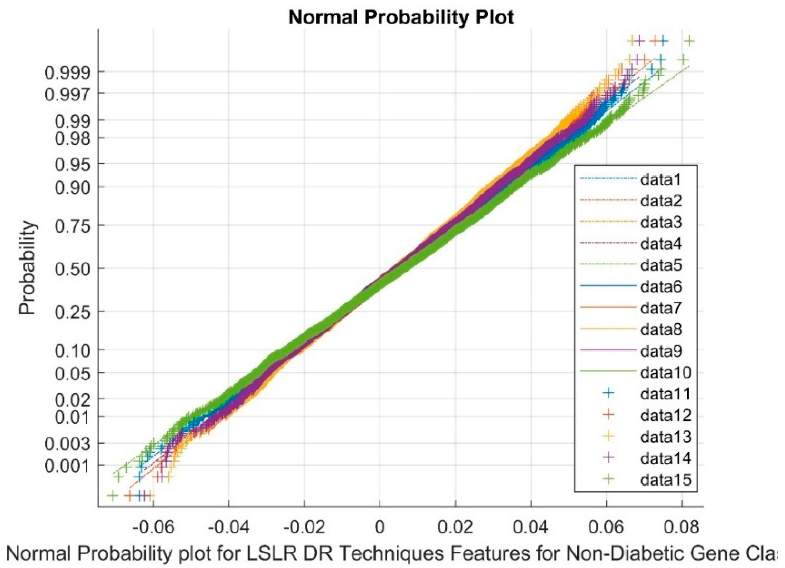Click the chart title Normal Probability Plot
pyautogui.click(x=401, y=17)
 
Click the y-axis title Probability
pyautogui.click(x=28, y=268)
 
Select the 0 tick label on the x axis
pyautogui.click(x=380, y=527)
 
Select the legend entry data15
pyautogui.click(x=665, y=480)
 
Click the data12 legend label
pyautogui.click(x=665, y=415)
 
